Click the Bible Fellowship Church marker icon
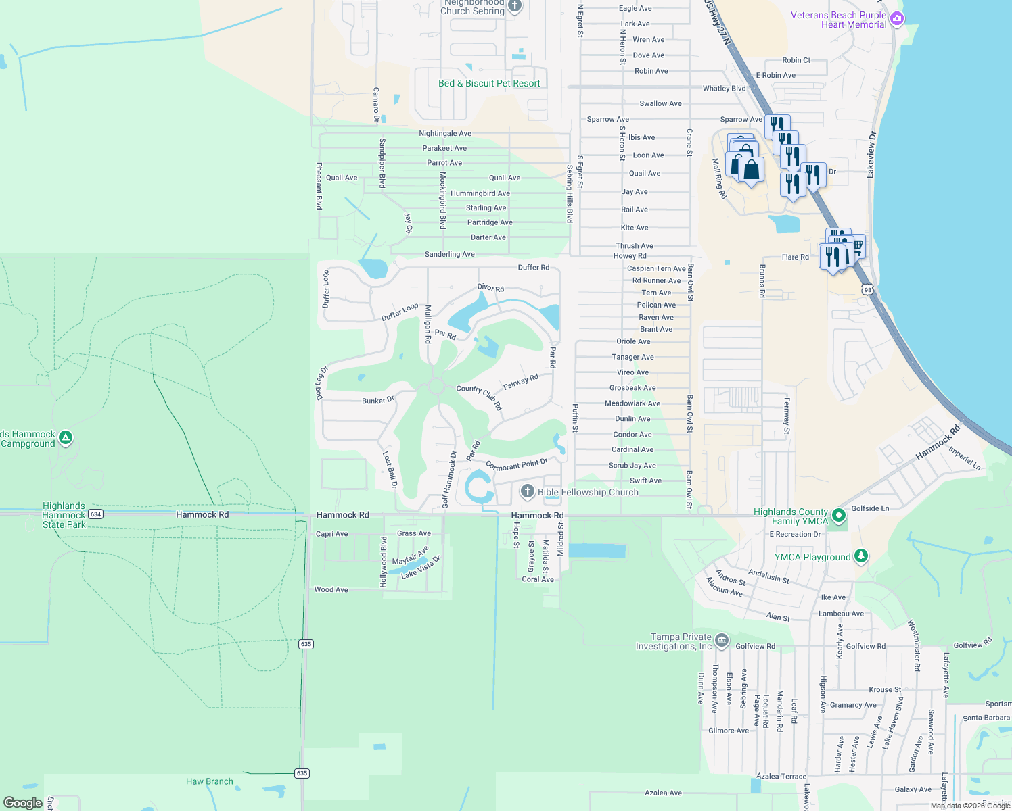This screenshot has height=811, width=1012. pos(528,491)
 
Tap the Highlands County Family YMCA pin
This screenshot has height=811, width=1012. pos(839,516)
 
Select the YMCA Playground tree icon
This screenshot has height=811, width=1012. pos(860,556)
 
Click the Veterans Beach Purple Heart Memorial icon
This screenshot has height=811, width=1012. pos(897,19)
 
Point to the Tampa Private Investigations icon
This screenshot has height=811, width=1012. pos(722,640)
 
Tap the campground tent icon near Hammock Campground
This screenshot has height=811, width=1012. pos(66,438)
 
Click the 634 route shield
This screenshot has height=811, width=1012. pos(95,514)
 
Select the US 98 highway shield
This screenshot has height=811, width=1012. pos(867,290)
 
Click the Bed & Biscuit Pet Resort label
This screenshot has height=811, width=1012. pos(489,84)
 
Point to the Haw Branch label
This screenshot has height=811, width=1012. pos(210,781)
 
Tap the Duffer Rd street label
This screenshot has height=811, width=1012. pos(534,268)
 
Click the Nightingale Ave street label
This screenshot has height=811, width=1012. pos(445,134)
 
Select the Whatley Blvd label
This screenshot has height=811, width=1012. pos(724,89)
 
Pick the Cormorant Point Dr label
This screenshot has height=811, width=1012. pos(517,465)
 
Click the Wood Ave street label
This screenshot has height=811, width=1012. pos(331,590)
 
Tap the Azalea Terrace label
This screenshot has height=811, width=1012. pos(781,777)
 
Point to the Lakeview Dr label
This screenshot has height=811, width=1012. pos(871,155)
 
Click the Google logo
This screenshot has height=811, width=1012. pos(23,803)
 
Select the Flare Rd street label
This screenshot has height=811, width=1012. pos(795,257)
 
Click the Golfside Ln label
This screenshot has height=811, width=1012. pos(870,508)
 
